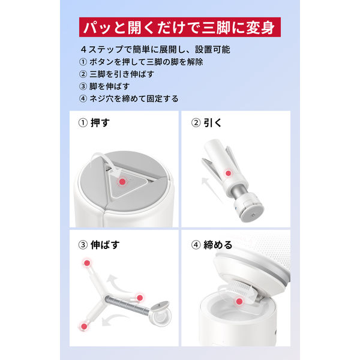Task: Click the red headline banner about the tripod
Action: pyautogui.click(x=180, y=27)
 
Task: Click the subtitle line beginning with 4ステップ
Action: pyautogui.click(x=155, y=49)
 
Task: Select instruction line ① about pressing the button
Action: pyautogui.click(x=141, y=62)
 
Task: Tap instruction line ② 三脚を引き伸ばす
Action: pyautogui.click(x=116, y=74)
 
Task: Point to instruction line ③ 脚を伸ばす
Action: pyautogui.click(x=104, y=86)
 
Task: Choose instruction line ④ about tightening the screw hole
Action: pyautogui.click(x=129, y=99)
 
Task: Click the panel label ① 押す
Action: pyautogui.click(x=94, y=123)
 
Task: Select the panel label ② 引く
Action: pyautogui.click(x=206, y=123)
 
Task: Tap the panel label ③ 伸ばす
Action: pyautogui.click(x=99, y=245)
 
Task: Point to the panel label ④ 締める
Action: pyautogui.click(x=212, y=245)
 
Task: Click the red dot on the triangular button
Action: pyautogui.click(x=122, y=182)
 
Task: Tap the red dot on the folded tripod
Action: pyautogui.click(x=228, y=173)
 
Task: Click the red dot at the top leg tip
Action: pyautogui.click(x=87, y=263)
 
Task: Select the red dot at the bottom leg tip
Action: pyautogui.click(x=84, y=326)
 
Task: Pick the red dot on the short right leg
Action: pyautogui.click(x=140, y=298)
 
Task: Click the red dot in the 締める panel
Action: pyautogui.click(x=239, y=301)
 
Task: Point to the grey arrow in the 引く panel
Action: pyautogui.click(x=212, y=190)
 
